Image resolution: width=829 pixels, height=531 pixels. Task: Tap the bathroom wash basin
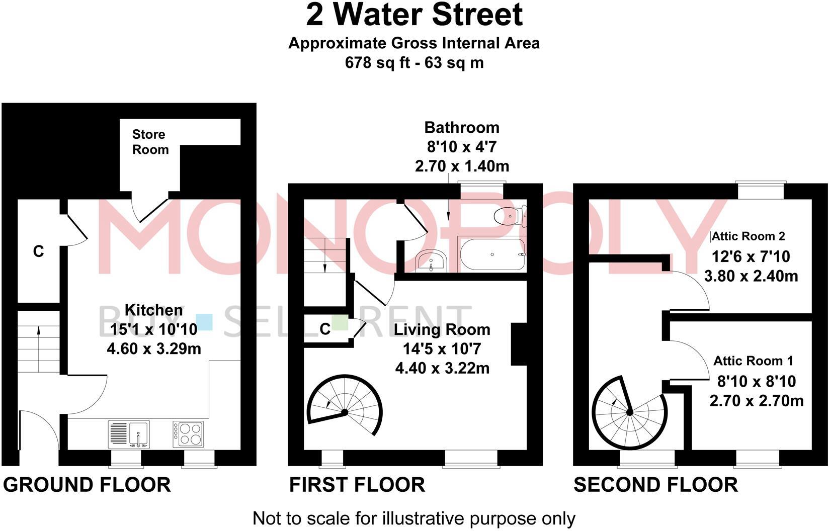[430, 260]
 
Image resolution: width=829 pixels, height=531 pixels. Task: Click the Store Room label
[150, 142]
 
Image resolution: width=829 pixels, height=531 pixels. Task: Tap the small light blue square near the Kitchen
[204, 322]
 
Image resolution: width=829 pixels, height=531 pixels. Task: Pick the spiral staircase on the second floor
[629, 413]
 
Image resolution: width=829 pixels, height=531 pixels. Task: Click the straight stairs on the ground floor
[39, 341]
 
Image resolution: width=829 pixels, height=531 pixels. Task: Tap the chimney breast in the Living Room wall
[519, 344]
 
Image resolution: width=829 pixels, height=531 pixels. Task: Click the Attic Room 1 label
[753, 361]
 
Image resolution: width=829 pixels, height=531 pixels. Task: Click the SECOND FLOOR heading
[655, 485]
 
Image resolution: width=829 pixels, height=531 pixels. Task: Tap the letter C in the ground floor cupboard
[39, 251]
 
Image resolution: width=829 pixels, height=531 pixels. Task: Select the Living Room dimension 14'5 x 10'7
[441, 348]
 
